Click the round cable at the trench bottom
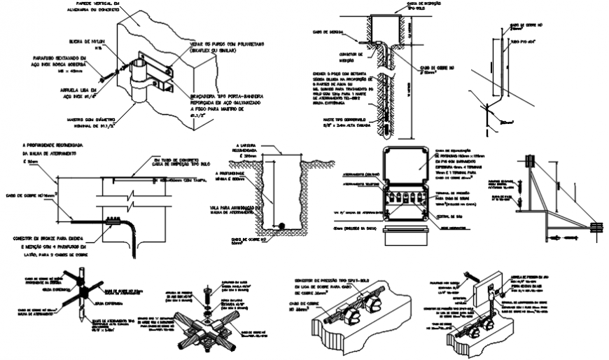coord(281,225)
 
